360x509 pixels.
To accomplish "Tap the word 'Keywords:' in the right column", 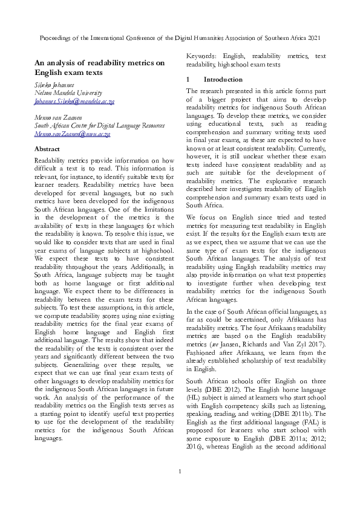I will pyautogui.click(x=205, y=56).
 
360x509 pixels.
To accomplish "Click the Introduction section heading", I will pyautogui.click(x=223, y=79).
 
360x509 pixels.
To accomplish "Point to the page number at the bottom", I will pyautogui.click(x=180, y=488).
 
